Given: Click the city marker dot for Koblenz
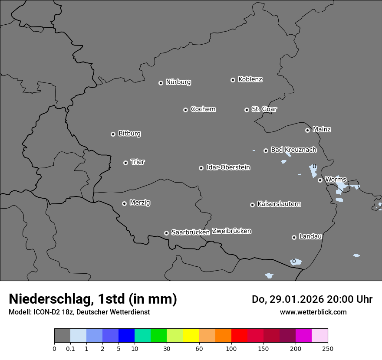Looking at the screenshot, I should [x=233, y=80].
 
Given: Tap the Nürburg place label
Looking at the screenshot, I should [x=178, y=82].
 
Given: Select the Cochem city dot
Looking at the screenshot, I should [x=185, y=110].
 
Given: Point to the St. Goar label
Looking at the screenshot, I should [x=264, y=109].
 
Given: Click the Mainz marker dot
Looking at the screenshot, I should [x=307, y=130].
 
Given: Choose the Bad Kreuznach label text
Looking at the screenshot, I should [x=293, y=150].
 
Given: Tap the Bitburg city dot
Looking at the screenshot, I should [x=113, y=134].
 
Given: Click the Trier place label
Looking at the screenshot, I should [x=138, y=162].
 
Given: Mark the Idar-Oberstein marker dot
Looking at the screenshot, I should [x=201, y=168].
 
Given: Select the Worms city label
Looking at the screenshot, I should [x=336, y=179].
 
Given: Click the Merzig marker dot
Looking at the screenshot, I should [x=124, y=203].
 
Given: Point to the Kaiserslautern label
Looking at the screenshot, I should [x=279, y=204].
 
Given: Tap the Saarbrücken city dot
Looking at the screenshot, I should [x=166, y=233].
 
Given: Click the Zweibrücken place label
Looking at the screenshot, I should [x=231, y=231].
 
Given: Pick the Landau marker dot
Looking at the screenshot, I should [x=294, y=237].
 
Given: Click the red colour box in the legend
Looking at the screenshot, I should [x=239, y=336].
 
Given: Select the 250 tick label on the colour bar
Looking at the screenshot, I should [x=328, y=348].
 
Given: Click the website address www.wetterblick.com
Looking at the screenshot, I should [x=313, y=312].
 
